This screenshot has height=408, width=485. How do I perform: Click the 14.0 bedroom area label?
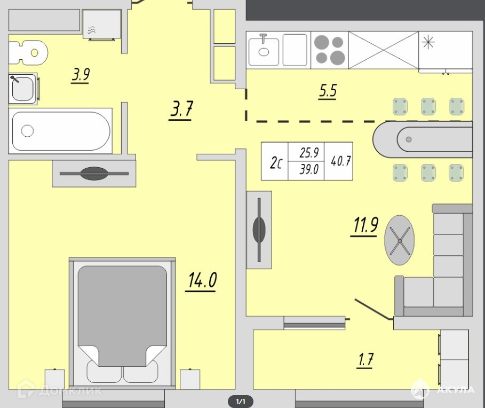coord(202,280)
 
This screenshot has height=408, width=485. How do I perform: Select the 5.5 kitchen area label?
coord(328,91)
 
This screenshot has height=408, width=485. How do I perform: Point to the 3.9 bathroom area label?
coord(81,75)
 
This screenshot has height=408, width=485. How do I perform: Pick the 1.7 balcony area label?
coord(365,360)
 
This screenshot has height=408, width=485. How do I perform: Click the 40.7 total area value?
coord(340,161)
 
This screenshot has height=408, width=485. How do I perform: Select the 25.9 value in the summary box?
coord(309,153)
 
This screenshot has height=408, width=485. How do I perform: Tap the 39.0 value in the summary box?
coord(309,169)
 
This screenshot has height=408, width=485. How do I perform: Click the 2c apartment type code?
coord(276,162)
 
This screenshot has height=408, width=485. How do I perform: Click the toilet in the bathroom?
coord(28,53)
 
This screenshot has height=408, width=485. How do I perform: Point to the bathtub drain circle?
coord(27,131)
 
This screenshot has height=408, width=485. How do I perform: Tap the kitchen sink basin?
coord(264,51)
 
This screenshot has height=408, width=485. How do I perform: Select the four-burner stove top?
coord(329,50)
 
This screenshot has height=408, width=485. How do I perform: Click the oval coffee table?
coord(399,240)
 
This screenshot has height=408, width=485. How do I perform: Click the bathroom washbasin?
coord(22,89)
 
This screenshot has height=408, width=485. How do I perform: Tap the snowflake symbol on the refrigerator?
coord(428,42)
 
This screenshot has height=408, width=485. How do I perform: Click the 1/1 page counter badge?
coord(241,402)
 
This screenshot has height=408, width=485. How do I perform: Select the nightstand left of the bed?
coord(55,379)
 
